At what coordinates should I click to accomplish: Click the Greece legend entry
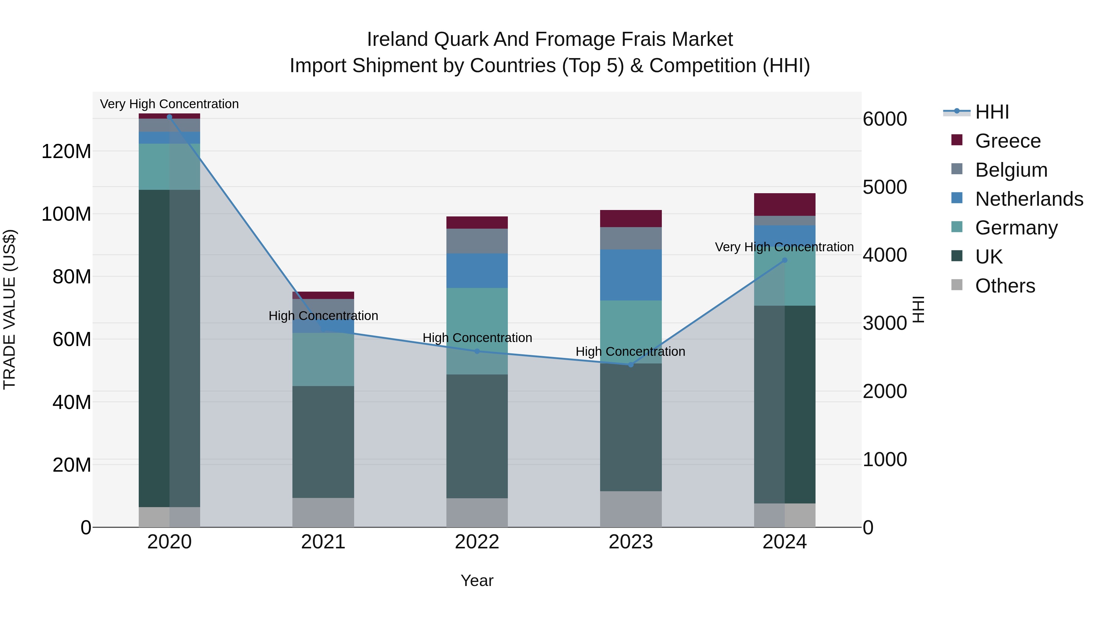[x=1007, y=141]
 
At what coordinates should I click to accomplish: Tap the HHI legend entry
[x=992, y=112]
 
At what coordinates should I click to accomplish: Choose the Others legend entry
[x=1005, y=286]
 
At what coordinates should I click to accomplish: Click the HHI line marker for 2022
[x=477, y=351]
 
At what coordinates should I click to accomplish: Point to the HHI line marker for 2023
[x=631, y=364]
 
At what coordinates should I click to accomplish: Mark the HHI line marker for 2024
[x=784, y=260]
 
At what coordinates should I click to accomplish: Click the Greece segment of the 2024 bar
[x=784, y=204]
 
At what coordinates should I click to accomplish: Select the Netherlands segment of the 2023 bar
[x=631, y=275]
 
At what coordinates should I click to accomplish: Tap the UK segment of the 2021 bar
[x=323, y=442]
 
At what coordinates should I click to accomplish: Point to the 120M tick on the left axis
[x=66, y=152]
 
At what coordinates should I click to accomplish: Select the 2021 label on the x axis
[x=323, y=542]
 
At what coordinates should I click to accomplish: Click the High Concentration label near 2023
[x=630, y=352]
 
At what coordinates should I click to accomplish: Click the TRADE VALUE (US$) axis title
[x=9, y=309]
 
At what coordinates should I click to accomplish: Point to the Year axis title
[x=477, y=580]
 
